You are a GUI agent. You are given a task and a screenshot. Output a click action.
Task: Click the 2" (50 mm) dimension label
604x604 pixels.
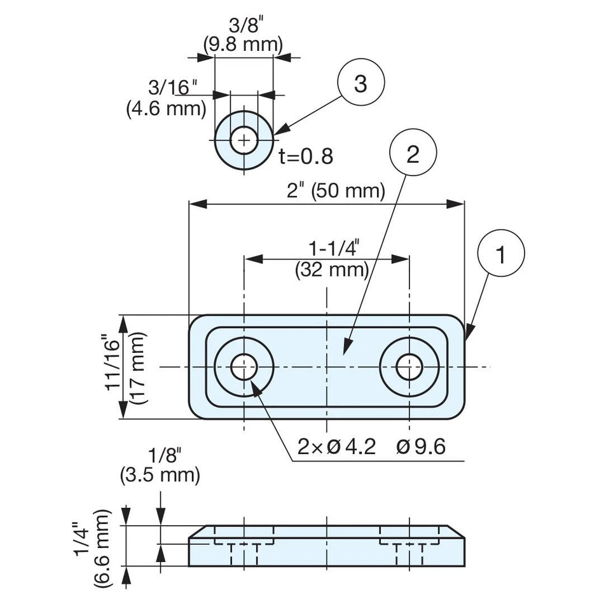click(336, 190)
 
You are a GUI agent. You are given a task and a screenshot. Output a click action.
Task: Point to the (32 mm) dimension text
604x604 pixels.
click(332, 270)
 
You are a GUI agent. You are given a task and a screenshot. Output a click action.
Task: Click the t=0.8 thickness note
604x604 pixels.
click(306, 156)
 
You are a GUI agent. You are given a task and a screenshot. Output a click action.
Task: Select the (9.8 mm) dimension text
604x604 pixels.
click(243, 45)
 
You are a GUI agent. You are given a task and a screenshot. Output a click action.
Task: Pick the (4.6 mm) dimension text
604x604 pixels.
click(166, 109)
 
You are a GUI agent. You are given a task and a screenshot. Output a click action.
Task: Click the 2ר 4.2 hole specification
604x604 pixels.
click(336, 447)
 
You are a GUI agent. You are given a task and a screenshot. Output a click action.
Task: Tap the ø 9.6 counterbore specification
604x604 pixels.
click(421, 447)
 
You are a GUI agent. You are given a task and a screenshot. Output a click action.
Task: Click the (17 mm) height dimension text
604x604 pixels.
click(138, 367)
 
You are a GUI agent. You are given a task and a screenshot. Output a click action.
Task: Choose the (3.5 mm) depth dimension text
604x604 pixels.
click(160, 475)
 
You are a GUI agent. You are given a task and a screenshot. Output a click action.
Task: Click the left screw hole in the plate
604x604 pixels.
click(244, 367)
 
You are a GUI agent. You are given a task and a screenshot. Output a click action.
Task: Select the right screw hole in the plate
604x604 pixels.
click(409, 367)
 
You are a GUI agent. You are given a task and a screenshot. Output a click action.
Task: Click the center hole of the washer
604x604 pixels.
click(244, 141)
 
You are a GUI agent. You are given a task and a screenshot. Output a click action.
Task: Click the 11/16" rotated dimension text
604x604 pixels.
click(115, 365)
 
